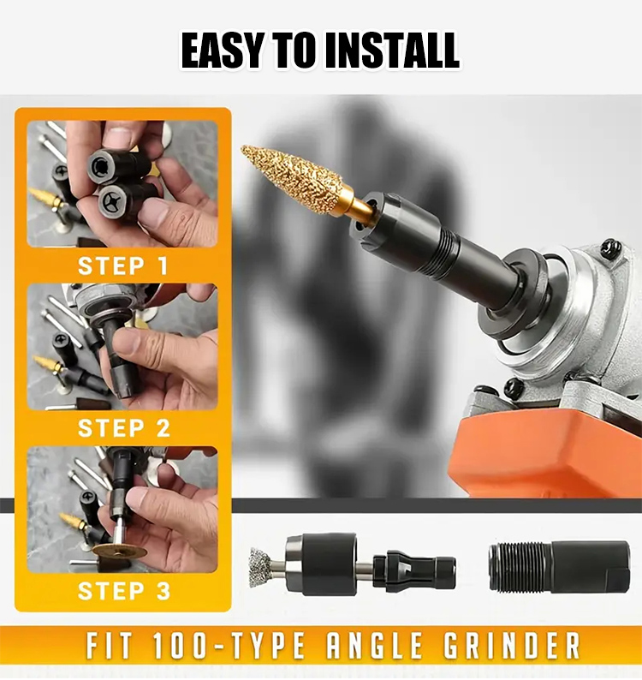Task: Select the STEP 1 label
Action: [x=122, y=265]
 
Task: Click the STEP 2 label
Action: [x=124, y=428]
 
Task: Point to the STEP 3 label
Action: [x=124, y=591]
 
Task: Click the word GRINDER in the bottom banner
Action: [x=512, y=647]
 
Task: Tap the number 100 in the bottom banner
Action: [x=183, y=647]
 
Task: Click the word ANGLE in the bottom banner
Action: [x=375, y=647]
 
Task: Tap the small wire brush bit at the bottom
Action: [x=261, y=567]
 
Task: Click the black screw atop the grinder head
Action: [x=611, y=249]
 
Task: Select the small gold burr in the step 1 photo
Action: [x=45, y=196]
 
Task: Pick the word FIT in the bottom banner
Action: [x=109, y=647]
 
